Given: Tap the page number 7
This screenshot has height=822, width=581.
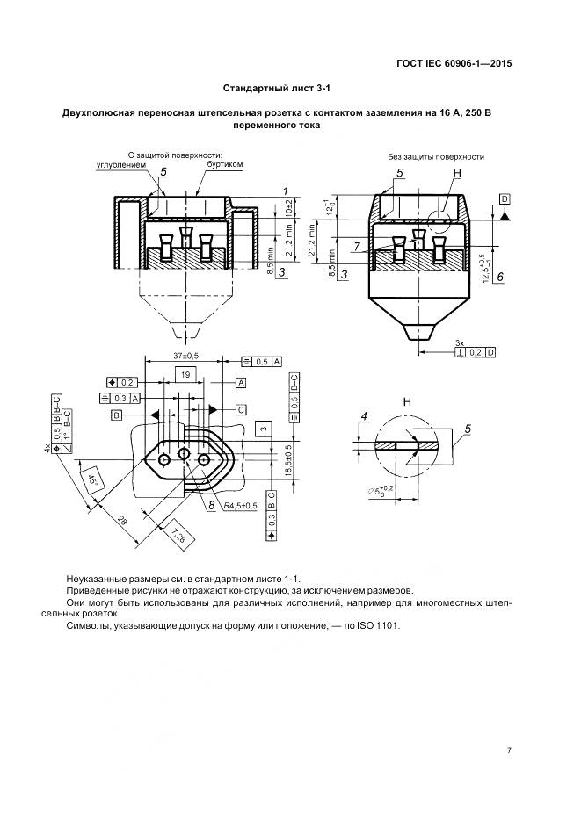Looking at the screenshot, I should (509, 751).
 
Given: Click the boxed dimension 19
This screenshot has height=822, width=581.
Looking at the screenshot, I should (185, 374).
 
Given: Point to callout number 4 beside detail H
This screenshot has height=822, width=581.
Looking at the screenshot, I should (362, 415).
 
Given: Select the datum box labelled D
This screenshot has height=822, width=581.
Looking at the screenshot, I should (505, 199).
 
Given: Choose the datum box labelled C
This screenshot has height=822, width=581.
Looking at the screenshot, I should (241, 409).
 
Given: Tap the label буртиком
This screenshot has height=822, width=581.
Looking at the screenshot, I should (224, 165).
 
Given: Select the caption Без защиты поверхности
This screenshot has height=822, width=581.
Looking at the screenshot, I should (436, 156).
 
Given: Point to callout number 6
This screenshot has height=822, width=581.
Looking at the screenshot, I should (499, 277).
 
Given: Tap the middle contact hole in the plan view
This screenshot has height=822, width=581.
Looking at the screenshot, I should (184, 454).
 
